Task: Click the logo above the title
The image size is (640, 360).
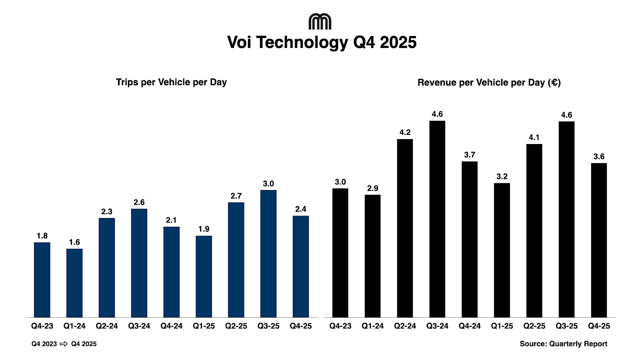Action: tap(320, 22)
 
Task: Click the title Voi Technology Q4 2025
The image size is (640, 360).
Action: tap(322, 42)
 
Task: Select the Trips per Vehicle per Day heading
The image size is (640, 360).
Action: tap(171, 82)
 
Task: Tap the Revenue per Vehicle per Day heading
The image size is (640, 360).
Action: tap(489, 82)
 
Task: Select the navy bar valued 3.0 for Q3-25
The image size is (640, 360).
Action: tap(268, 254)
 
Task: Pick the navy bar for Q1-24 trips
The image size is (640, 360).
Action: tap(74, 283)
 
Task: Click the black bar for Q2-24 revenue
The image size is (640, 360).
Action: tap(405, 228)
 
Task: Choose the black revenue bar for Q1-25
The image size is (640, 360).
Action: tap(502, 250)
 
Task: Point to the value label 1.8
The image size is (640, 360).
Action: tap(42, 236)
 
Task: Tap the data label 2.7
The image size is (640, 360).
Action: tap(236, 196)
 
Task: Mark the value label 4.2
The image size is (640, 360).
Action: tap(405, 132)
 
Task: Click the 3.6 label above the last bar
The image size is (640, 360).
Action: tap(599, 156)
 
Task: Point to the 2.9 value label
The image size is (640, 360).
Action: tap(372, 188)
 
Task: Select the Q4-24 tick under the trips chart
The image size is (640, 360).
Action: tap(171, 326)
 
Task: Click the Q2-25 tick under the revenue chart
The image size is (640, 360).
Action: tap(534, 326)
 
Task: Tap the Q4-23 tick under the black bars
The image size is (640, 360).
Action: tap(340, 326)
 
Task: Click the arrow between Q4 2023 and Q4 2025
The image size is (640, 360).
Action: tap(64, 344)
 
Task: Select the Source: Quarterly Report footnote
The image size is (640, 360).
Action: tap(563, 344)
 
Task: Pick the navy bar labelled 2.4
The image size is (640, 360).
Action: tap(301, 266)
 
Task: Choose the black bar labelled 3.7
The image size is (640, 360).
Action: tap(470, 239)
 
